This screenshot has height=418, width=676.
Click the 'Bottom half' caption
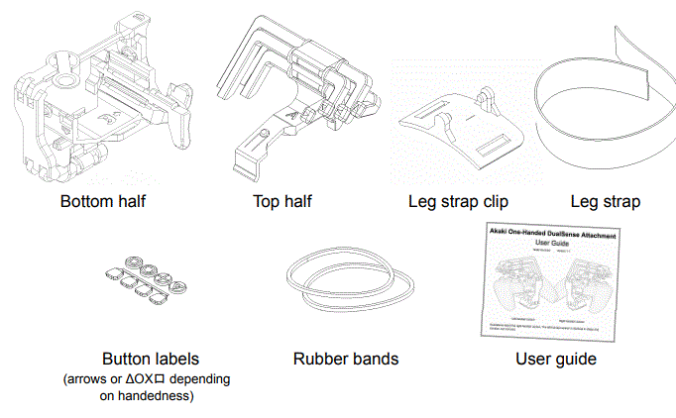103,202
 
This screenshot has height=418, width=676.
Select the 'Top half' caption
282,202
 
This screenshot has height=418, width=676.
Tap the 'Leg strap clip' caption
458,202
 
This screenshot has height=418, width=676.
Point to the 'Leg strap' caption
605,202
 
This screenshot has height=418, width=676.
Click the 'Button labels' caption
149,359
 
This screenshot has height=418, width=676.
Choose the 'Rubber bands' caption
346,359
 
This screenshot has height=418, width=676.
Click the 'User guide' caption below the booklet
555,359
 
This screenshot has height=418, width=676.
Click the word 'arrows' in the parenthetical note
87,379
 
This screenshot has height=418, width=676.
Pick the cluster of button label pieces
146,284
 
